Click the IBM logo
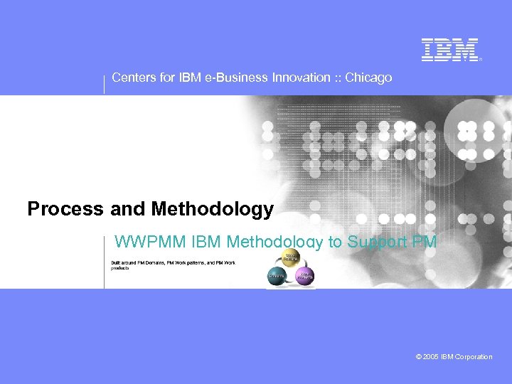click(450, 50)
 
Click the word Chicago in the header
click(368, 78)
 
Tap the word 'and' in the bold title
click(127, 209)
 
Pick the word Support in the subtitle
click(375, 242)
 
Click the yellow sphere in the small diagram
click(291, 259)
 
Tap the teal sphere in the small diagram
click(277, 276)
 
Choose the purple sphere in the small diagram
click(304, 276)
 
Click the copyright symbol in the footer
click(419, 357)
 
